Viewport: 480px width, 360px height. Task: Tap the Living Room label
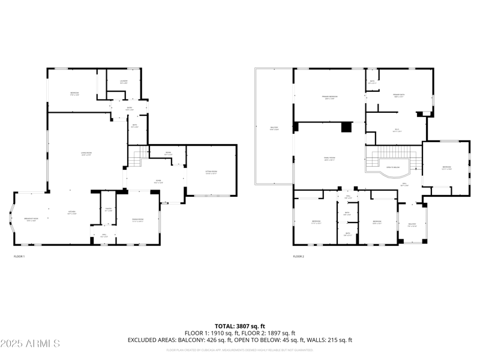tap(90, 154)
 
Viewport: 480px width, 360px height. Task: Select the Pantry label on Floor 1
tap(109, 210)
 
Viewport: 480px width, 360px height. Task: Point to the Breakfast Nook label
tap(31, 220)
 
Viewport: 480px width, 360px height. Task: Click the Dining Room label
tap(138, 220)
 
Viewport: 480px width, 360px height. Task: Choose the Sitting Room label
tap(211, 173)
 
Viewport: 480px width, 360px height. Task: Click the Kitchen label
tap(71, 212)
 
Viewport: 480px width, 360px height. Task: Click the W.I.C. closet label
tap(397, 130)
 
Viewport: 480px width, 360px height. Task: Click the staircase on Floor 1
tap(138, 158)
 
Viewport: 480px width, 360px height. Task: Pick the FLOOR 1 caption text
tap(19, 256)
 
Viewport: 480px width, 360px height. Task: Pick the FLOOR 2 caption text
tap(299, 256)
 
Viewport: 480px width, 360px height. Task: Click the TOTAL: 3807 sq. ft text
tap(240, 326)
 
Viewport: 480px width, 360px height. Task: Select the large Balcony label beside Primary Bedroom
tap(274, 128)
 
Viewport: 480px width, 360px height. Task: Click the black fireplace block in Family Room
tap(346, 127)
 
